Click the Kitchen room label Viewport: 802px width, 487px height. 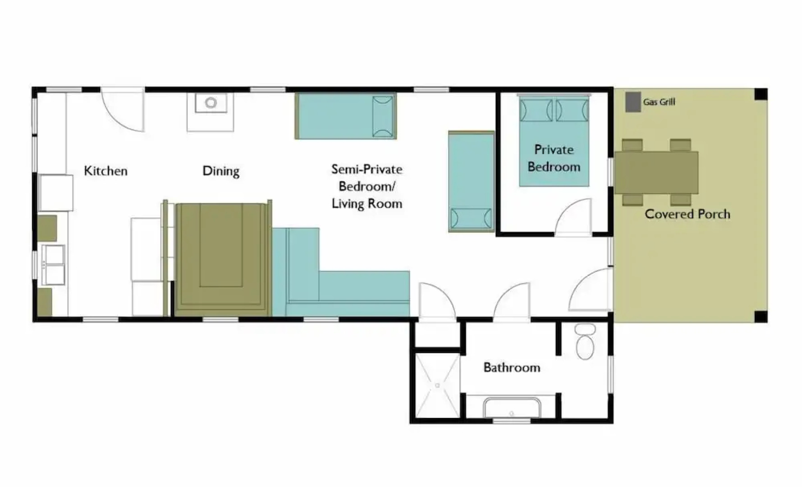coord(105,171)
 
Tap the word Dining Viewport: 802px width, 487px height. coord(220,171)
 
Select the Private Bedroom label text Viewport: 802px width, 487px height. coord(554,158)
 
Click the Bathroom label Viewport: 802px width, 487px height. coord(512,368)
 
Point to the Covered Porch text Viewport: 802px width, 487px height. coord(687,214)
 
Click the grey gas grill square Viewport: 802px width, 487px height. coord(633,102)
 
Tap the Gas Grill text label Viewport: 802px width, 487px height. coord(659,102)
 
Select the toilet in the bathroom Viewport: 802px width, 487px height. coord(585,342)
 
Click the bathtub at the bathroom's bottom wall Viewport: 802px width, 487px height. coord(511,408)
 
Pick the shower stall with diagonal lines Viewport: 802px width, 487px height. coord(437,386)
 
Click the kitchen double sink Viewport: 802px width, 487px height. coord(53,265)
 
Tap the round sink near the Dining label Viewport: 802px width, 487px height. coord(211,103)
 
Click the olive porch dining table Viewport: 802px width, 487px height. coord(656,172)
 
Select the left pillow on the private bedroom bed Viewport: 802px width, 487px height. coord(536,110)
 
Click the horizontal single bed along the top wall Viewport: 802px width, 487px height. coord(345,116)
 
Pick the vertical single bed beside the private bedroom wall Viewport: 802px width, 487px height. coord(471,181)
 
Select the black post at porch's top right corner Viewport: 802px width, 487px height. coord(761,94)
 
